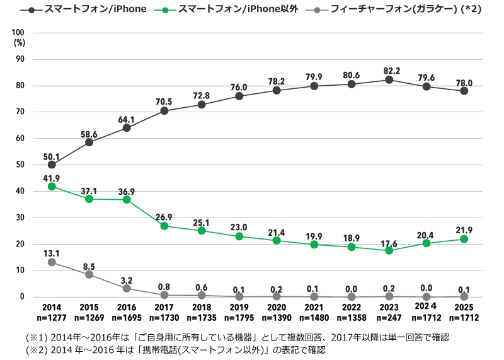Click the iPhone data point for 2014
pyautogui.click(x=52, y=165)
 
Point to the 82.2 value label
pyautogui.click(x=389, y=69)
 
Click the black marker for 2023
pyautogui.click(x=389, y=79)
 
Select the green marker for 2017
pyautogui.click(x=164, y=226)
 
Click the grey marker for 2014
pyautogui.click(x=52, y=262)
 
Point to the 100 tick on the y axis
pyautogui.click(x=18, y=33)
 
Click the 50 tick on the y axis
pyautogui.click(x=21, y=165)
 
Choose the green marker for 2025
pyautogui.click(x=464, y=239)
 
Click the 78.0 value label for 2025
pyautogui.click(x=464, y=80)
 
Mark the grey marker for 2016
pyautogui.click(x=127, y=288)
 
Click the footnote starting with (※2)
pyautogui.click(x=176, y=349)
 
